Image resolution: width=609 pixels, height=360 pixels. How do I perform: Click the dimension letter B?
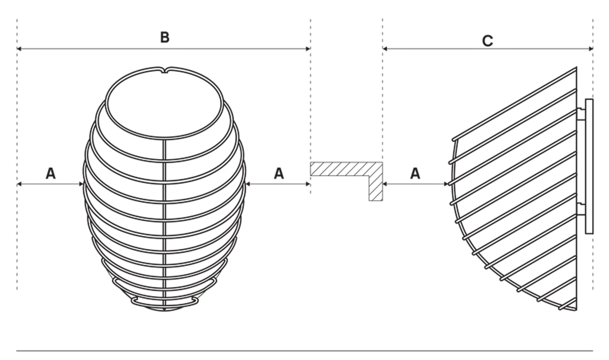165,37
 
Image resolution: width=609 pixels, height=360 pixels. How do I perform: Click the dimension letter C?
488,41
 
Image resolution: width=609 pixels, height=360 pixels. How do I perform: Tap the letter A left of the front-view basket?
51,173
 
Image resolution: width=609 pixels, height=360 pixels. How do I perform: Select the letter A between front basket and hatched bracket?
279,173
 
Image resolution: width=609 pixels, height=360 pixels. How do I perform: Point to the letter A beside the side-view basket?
415,173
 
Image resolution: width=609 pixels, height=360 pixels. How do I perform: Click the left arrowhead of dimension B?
19,49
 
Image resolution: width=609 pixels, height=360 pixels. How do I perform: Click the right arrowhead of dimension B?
309,49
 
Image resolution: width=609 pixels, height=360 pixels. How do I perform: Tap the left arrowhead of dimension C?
385,49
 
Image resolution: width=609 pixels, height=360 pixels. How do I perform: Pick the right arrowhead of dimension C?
591,49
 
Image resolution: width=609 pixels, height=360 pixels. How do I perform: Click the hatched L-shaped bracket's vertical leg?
376,188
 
